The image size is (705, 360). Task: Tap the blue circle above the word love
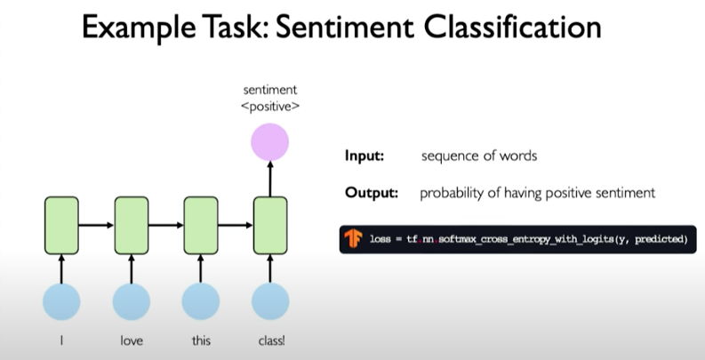click(x=131, y=302)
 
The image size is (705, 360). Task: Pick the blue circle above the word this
click(x=201, y=302)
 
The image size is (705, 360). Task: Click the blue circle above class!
click(x=270, y=302)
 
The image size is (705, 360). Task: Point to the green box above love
click(x=131, y=225)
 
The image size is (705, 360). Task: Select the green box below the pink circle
click(x=270, y=225)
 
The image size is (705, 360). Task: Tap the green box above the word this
click(x=201, y=225)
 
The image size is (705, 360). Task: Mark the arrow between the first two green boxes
click(x=96, y=225)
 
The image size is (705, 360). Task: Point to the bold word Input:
click(x=364, y=156)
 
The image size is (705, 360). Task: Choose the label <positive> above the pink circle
click(x=270, y=106)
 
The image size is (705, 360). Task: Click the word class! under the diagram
click(x=270, y=340)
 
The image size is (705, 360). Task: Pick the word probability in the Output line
click(x=453, y=192)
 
